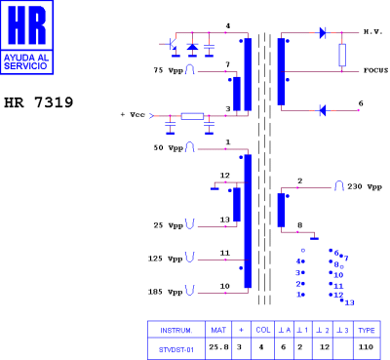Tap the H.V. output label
(372, 32)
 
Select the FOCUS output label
(375, 70)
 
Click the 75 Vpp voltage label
(168, 71)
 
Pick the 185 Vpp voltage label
(168, 291)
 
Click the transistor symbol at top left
(174, 46)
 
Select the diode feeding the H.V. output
(322, 32)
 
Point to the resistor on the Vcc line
(192, 116)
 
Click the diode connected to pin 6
(323, 109)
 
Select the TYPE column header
(367, 330)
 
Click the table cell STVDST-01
(175, 346)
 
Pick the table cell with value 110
(367, 346)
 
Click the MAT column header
(218, 330)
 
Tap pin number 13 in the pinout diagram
(349, 302)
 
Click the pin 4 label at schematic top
(227, 26)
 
